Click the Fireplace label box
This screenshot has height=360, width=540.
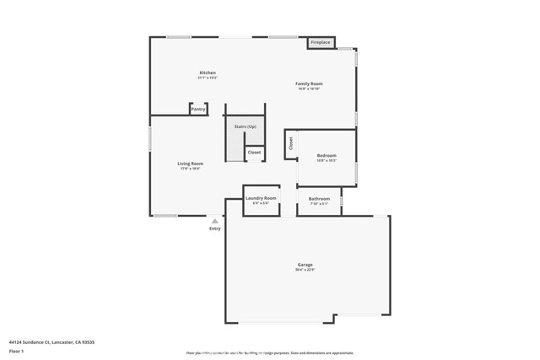tap(321, 42)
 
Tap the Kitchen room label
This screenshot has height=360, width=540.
tap(208, 73)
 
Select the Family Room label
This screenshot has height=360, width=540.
tap(309, 83)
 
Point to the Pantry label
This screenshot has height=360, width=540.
tap(198, 109)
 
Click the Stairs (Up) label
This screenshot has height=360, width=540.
tap(246, 126)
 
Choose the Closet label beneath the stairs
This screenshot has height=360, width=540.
tap(254, 153)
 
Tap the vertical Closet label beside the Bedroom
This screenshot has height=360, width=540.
tap(291, 143)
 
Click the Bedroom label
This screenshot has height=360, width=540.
tap(327, 155)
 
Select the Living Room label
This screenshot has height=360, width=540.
tap(190, 164)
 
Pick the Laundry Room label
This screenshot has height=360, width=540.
tap(261, 198)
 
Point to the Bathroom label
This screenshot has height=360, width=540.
tap(319, 199)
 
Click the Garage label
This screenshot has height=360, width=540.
tap(305, 265)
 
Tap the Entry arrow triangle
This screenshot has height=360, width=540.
tap(215, 221)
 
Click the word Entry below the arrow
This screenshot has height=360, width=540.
tap(215, 228)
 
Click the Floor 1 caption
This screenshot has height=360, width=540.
tap(16, 351)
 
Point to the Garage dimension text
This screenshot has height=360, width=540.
tap(305, 270)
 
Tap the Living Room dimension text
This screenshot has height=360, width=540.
tap(190, 169)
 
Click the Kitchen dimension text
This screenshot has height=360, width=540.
tap(208, 78)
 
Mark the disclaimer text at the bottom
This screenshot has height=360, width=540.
tap(270, 353)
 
